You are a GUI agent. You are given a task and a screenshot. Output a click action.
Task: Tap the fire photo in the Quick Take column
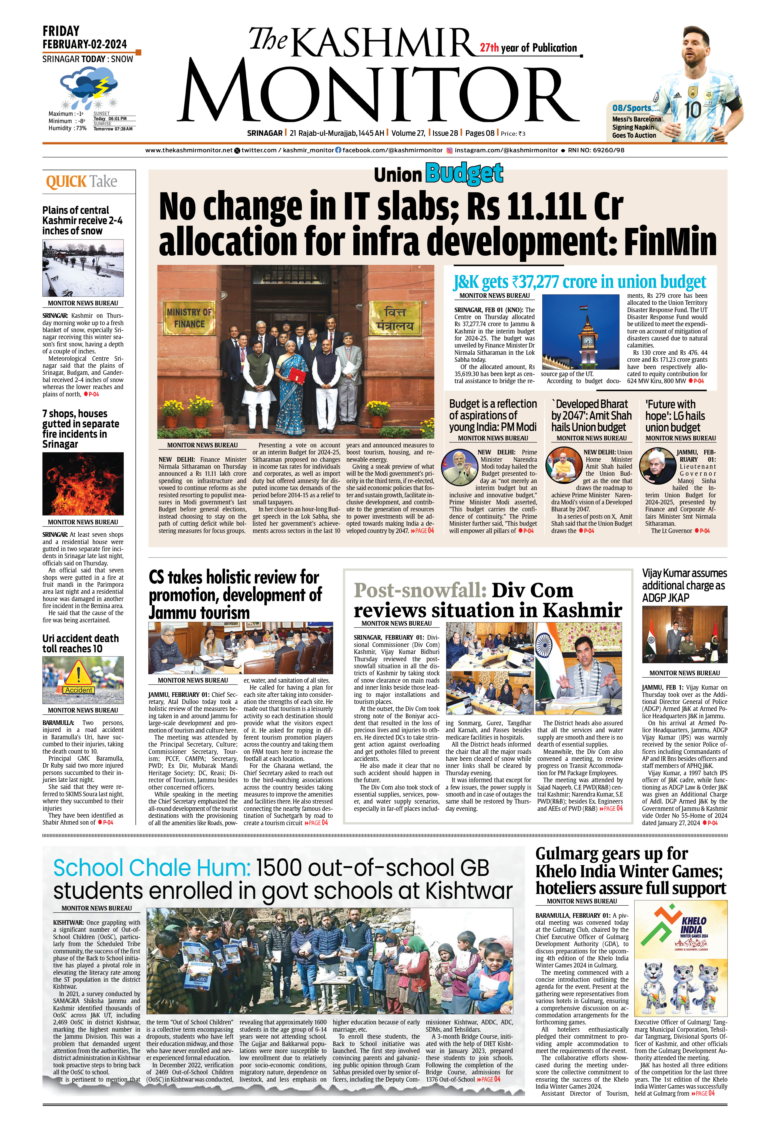tap(83, 484)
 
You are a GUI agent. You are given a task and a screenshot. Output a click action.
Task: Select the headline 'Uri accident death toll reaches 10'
tap(80, 643)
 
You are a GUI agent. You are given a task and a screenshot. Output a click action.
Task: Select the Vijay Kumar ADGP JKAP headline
tap(684, 585)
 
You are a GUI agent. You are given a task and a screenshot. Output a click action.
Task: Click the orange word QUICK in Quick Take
tap(66, 182)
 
